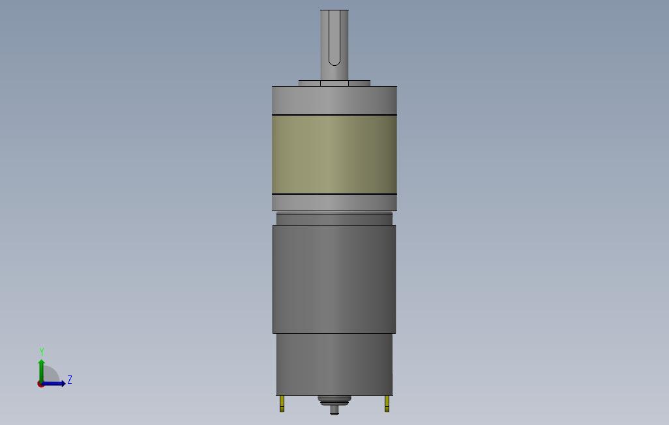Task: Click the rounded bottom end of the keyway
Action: [x=334, y=63]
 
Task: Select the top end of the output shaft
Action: [x=334, y=11]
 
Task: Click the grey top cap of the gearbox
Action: [x=334, y=100]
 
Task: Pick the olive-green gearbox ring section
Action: [x=334, y=154]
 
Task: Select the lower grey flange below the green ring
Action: [x=334, y=203]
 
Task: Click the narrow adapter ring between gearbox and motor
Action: [x=334, y=218]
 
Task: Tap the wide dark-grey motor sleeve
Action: [x=334, y=279]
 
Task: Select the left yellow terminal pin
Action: [x=282, y=404]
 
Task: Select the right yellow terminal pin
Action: [x=387, y=404]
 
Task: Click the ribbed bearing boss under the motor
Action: [x=334, y=400]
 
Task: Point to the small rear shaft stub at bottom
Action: [x=334, y=410]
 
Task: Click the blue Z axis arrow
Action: [x=56, y=383]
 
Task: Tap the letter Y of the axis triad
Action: [x=42, y=352]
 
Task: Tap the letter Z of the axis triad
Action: [x=70, y=380]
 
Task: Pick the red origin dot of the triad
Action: [x=40, y=385]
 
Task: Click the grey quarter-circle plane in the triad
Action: [x=51, y=375]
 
